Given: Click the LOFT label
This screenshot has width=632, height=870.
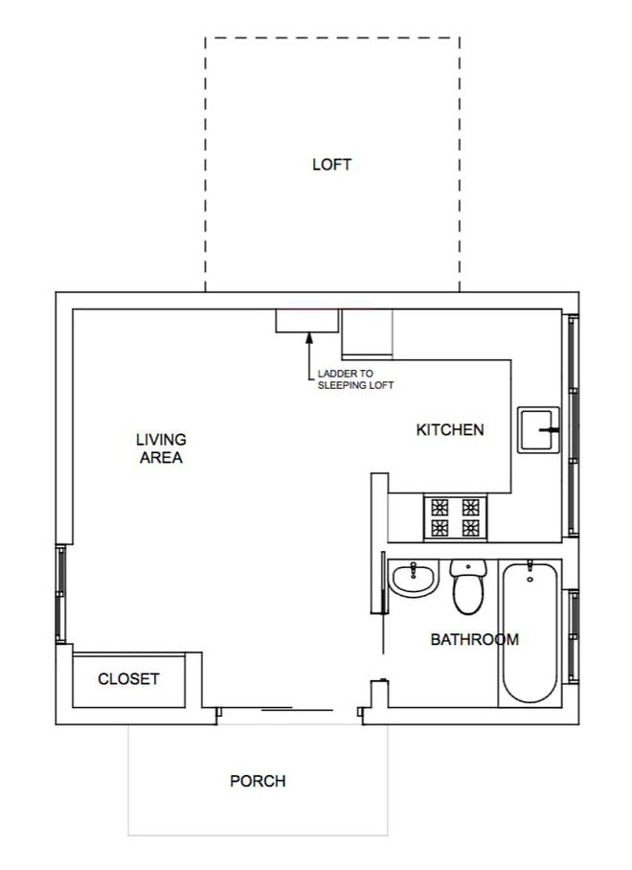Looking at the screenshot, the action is click(331, 164).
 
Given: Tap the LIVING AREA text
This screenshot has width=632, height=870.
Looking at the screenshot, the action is click(161, 448).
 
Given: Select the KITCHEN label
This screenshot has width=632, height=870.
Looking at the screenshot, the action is click(450, 429).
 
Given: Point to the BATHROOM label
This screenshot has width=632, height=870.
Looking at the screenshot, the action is click(475, 639).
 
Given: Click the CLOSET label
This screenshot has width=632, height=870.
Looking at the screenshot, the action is click(128, 678).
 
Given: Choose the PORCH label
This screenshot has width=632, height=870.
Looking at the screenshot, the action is click(258, 781).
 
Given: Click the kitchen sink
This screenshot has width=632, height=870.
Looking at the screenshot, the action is click(538, 430).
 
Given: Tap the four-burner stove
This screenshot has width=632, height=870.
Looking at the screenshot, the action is click(455, 517).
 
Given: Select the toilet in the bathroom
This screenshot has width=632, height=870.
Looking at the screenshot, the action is click(468, 586).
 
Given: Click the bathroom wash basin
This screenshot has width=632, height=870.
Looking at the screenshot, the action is click(414, 578).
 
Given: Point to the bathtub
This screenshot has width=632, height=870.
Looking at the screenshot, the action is click(530, 633).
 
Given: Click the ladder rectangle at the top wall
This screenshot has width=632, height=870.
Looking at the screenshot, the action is click(307, 321).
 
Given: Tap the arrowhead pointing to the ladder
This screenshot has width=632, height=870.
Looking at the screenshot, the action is click(308, 337).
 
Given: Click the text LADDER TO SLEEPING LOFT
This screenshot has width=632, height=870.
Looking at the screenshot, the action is click(355, 379).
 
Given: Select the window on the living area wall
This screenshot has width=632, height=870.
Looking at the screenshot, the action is click(61, 594).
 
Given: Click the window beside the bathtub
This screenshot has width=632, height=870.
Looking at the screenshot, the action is click(573, 636).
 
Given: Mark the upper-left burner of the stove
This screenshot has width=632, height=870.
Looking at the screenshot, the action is click(440, 507).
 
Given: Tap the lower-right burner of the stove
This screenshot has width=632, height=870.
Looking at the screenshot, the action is click(471, 528).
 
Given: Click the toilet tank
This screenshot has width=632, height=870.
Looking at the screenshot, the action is click(468, 567).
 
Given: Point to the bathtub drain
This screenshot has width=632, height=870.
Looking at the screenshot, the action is click(530, 580).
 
